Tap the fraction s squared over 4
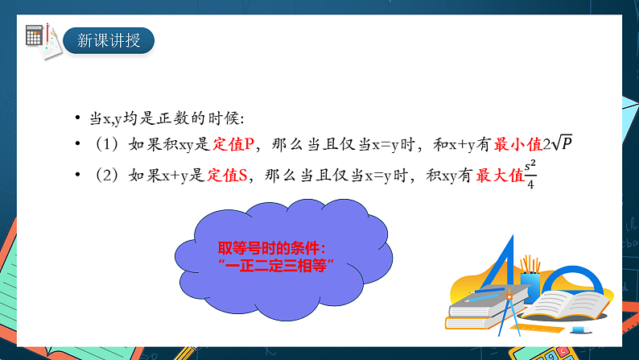click(530, 172)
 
